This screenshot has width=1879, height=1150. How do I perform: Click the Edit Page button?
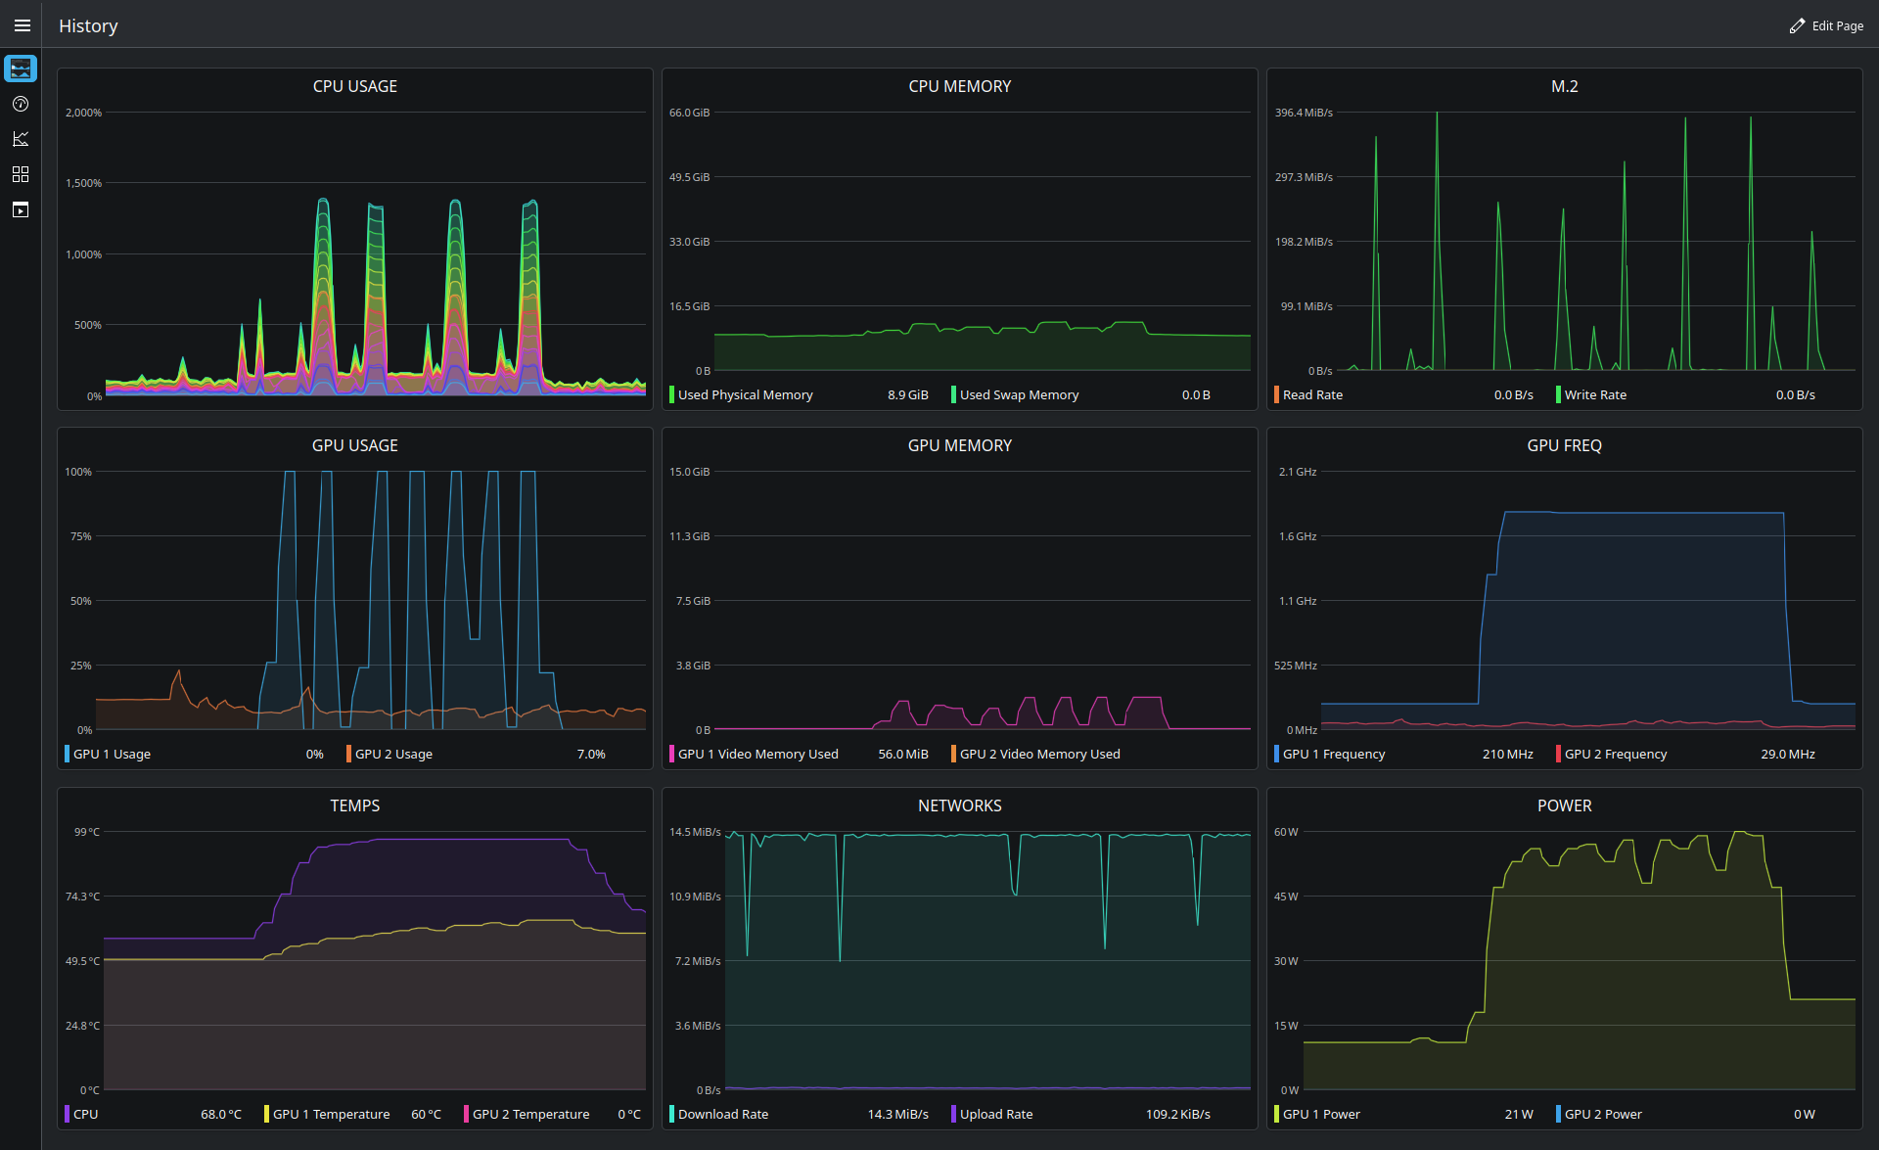pos(1826,25)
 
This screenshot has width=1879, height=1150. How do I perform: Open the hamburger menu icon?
pos(22,25)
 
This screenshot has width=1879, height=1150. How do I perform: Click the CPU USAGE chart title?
pos(355,86)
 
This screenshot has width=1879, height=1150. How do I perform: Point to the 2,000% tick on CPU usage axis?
pos(83,113)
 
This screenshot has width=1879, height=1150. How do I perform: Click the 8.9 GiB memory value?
pos(908,394)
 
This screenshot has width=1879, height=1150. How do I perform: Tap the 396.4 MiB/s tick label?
pos(1304,113)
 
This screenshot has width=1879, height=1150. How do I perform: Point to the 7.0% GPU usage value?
pos(591,754)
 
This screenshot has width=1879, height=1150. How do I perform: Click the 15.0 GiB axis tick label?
pos(690,472)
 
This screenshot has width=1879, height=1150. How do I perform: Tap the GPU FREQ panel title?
pos(1565,445)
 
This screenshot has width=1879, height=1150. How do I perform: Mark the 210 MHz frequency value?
pos(1508,754)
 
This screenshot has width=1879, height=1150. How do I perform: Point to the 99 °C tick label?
pos(87,832)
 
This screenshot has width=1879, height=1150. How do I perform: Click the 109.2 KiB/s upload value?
pos(1178,1114)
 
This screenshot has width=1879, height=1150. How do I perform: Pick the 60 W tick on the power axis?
pos(1286,832)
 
